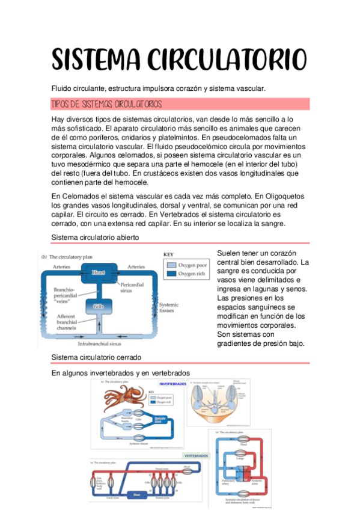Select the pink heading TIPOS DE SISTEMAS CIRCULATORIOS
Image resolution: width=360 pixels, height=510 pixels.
tap(107, 104)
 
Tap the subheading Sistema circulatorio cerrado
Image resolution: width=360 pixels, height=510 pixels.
tap(96, 357)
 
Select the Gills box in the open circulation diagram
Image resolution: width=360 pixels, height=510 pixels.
tap(99, 306)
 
